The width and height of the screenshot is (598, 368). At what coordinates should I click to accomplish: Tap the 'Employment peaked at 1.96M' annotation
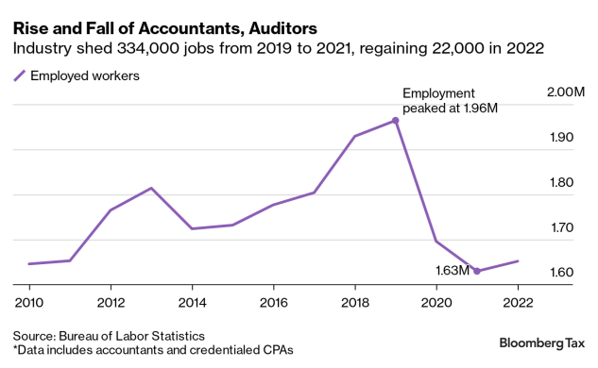[450, 100]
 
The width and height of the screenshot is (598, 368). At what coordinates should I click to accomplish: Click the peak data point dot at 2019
[395, 120]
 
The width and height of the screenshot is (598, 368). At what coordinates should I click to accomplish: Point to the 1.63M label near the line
[452, 270]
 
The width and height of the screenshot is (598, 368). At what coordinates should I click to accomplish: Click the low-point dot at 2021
[477, 271]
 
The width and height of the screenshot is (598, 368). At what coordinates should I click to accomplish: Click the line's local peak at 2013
[151, 188]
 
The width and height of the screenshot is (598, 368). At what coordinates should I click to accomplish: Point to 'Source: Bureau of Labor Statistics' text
[109, 335]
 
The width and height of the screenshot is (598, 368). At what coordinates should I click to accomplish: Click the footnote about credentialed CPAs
[153, 350]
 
